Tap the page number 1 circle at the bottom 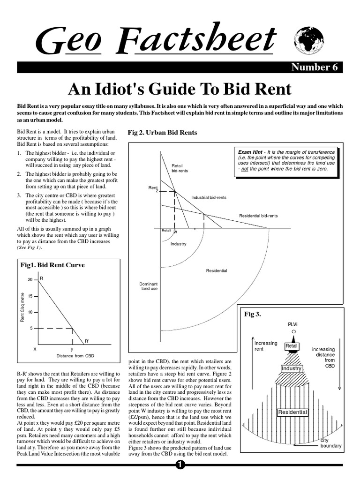coord(180,465)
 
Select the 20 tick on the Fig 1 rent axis coord(30,280)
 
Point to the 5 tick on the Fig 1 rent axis coord(31,329)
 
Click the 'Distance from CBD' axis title coord(75,356)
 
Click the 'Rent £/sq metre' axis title coord(22,307)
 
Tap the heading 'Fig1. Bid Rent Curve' coord(53,265)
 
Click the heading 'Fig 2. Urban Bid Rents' coord(163,133)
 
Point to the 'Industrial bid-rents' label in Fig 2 coord(209,198)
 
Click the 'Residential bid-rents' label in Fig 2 coord(258,216)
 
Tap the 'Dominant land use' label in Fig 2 coord(149,286)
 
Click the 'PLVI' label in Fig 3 coord(292,324)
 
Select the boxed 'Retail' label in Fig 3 coord(292,346)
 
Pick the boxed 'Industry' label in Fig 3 coord(291,369)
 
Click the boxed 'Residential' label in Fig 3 coord(292,412)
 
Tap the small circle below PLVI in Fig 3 coord(293,332)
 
